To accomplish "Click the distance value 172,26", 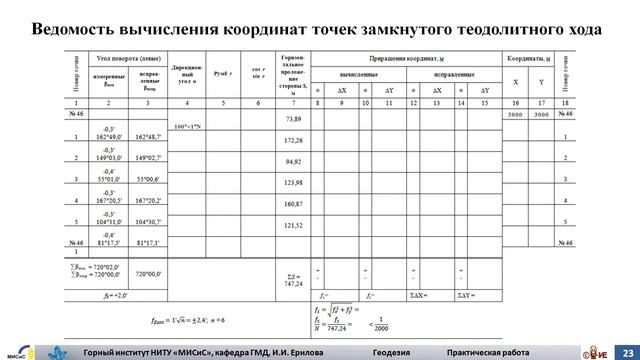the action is pos(293,141).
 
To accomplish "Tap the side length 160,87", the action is pos(293,204).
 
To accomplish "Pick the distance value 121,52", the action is pos(293,225).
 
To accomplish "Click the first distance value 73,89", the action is pos(293,119).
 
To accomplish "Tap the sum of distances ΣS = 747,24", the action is pos(293,277).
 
